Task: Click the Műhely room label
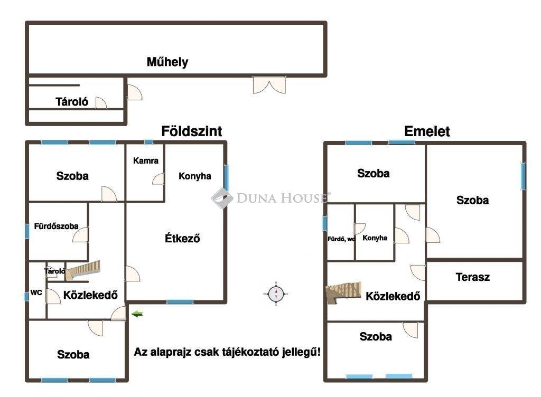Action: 167,62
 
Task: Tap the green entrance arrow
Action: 137,314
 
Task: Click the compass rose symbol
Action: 276,294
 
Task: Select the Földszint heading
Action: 191,131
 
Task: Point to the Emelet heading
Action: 427,131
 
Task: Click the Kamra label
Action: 146,160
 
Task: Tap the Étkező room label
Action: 182,238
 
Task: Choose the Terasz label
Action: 472,277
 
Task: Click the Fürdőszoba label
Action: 56,226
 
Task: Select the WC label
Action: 36,292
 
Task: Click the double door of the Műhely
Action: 269,85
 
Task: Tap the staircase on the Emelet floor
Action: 343,293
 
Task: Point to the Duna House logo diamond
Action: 222,198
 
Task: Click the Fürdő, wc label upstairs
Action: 341,239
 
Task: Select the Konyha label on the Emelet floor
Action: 375,238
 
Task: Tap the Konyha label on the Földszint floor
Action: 194,176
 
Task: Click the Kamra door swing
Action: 158,179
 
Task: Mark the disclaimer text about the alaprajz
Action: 227,352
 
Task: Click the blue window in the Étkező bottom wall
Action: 180,302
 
